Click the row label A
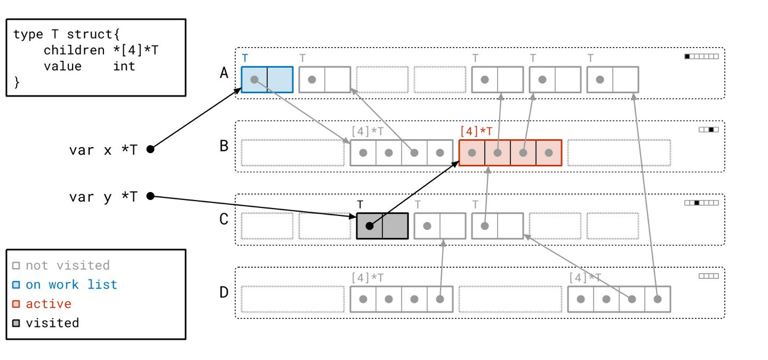pos(224,73)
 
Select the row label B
pos(224,146)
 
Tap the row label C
pos(224,219)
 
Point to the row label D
pos(224,292)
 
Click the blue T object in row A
pos(267,79)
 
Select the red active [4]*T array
pos(510,153)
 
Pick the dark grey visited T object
pos(382,226)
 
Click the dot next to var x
pos(150,149)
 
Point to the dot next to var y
pos(150,196)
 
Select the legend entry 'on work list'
pos(71,285)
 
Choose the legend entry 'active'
pos(49,304)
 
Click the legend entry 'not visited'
pos(68,266)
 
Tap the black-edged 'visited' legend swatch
pos(16,323)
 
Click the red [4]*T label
pos(476,131)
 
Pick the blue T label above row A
pos(245,58)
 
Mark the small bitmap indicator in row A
pos(701,57)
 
